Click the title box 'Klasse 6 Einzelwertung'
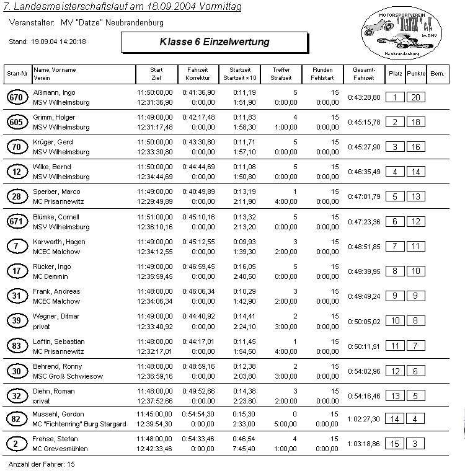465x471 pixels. [214, 42]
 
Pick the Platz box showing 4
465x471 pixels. [394, 172]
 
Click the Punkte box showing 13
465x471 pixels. [415, 196]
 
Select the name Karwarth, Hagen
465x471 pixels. [59, 242]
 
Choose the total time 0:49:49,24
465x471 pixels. [364, 296]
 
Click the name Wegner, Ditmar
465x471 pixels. [56, 316]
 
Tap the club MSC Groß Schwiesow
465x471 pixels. [68, 376]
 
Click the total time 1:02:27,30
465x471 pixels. [364, 419]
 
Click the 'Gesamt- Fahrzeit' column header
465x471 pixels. [364, 74]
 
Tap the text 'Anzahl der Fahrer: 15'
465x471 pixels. [42, 464]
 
